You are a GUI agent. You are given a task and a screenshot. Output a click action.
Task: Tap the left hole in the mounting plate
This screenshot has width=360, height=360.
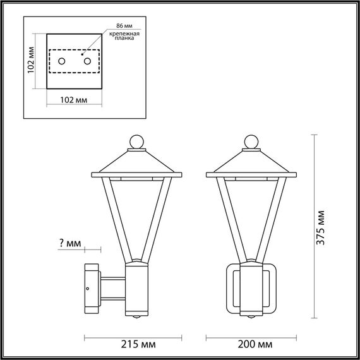[x=62, y=61]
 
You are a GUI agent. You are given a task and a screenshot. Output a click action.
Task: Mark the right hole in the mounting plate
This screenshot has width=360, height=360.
[x=87, y=61]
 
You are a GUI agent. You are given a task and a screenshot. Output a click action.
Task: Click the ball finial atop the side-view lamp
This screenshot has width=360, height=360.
[x=137, y=142]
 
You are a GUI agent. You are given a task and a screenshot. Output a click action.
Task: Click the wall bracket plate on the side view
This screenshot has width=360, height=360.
[x=90, y=288]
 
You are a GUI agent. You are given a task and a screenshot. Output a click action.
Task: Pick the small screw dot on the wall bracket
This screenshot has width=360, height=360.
[x=88, y=289]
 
